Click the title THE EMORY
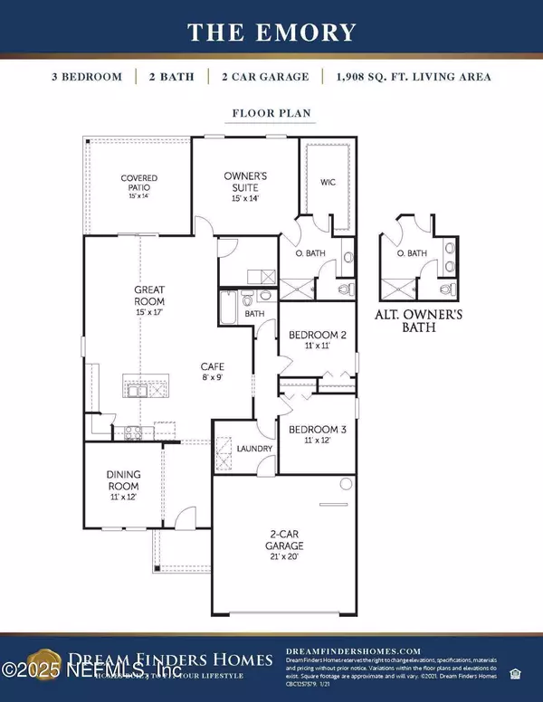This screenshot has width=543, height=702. [x=271, y=33]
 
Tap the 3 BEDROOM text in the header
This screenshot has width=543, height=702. [x=87, y=77]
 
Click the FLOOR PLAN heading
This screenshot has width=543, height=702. [x=271, y=116]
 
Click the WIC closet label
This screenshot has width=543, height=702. [x=329, y=182]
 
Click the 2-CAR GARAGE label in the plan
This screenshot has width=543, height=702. [x=284, y=541]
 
